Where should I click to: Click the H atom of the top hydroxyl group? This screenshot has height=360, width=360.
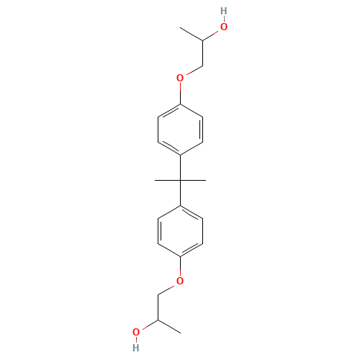[223, 12]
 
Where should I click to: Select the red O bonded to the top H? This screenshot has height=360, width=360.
[223, 27]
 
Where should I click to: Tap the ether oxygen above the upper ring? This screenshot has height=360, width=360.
[180, 77]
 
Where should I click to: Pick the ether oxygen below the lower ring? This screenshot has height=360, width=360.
[180, 280]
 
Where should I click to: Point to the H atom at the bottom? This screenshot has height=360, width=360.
[136, 347]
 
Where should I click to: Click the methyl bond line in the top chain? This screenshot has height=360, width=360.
[191, 36]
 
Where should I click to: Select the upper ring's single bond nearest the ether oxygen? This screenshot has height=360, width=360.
[192, 109]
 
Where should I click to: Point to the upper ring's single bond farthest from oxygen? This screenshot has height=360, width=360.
[192, 147]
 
